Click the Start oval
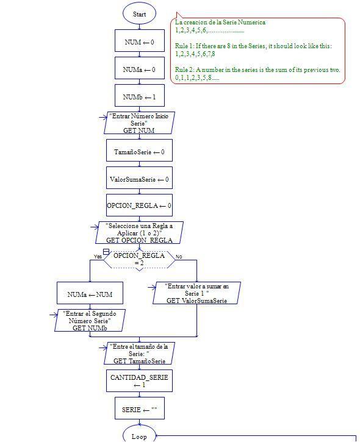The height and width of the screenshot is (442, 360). tap(139, 14)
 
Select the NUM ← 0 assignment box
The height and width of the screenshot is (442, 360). tap(139, 42)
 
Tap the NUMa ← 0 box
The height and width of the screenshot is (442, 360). tap(139, 70)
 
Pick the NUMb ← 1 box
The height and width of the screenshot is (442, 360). tap(139, 97)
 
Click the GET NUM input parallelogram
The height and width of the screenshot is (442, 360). tap(139, 123)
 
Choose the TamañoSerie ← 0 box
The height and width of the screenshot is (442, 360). tap(139, 152)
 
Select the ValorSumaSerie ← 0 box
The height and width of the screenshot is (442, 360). tap(139, 179)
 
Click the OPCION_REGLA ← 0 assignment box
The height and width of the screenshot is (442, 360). tap(139, 206)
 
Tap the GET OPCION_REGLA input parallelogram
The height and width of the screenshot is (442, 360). tap(139, 233)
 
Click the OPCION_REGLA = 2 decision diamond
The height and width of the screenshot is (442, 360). tap(139, 259)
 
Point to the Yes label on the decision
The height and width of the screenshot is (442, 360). tap(98, 257)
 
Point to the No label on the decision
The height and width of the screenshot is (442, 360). tap(179, 257)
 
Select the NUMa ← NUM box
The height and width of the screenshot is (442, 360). tap(90, 294)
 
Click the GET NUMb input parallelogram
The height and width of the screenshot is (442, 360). tap(90, 320)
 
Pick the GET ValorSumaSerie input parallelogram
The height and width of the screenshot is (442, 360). tap(197, 293)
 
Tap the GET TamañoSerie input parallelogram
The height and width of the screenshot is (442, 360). tap(139, 354)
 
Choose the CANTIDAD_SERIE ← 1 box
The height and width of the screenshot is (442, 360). tap(139, 381)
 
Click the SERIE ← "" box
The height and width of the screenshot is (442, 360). tap(139, 409)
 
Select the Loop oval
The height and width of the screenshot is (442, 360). tap(139, 436)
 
